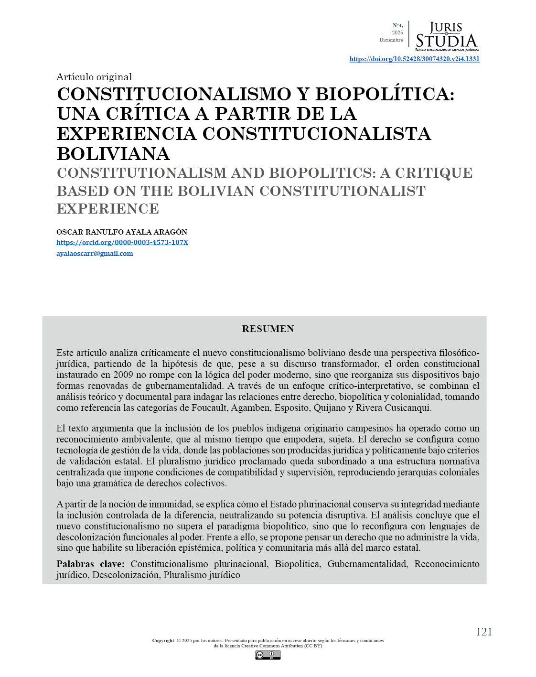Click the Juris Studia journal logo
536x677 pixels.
[446, 36]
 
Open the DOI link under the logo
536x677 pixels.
[414, 59]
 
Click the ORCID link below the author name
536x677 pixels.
[122, 242]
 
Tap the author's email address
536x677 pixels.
[95, 253]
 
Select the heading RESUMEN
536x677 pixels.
[268, 329]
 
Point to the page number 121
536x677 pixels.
[483, 632]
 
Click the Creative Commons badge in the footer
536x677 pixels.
[268, 655]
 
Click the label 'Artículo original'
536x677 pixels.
[94, 77]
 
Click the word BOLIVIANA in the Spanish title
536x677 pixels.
[113, 154]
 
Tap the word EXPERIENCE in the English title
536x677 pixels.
[108, 209]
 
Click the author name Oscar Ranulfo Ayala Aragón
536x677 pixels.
[122, 232]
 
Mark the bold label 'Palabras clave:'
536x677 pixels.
[90, 564]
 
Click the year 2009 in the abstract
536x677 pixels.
[123, 375]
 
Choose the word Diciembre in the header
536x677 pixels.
[391, 40]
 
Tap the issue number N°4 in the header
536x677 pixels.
[397, 25]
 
